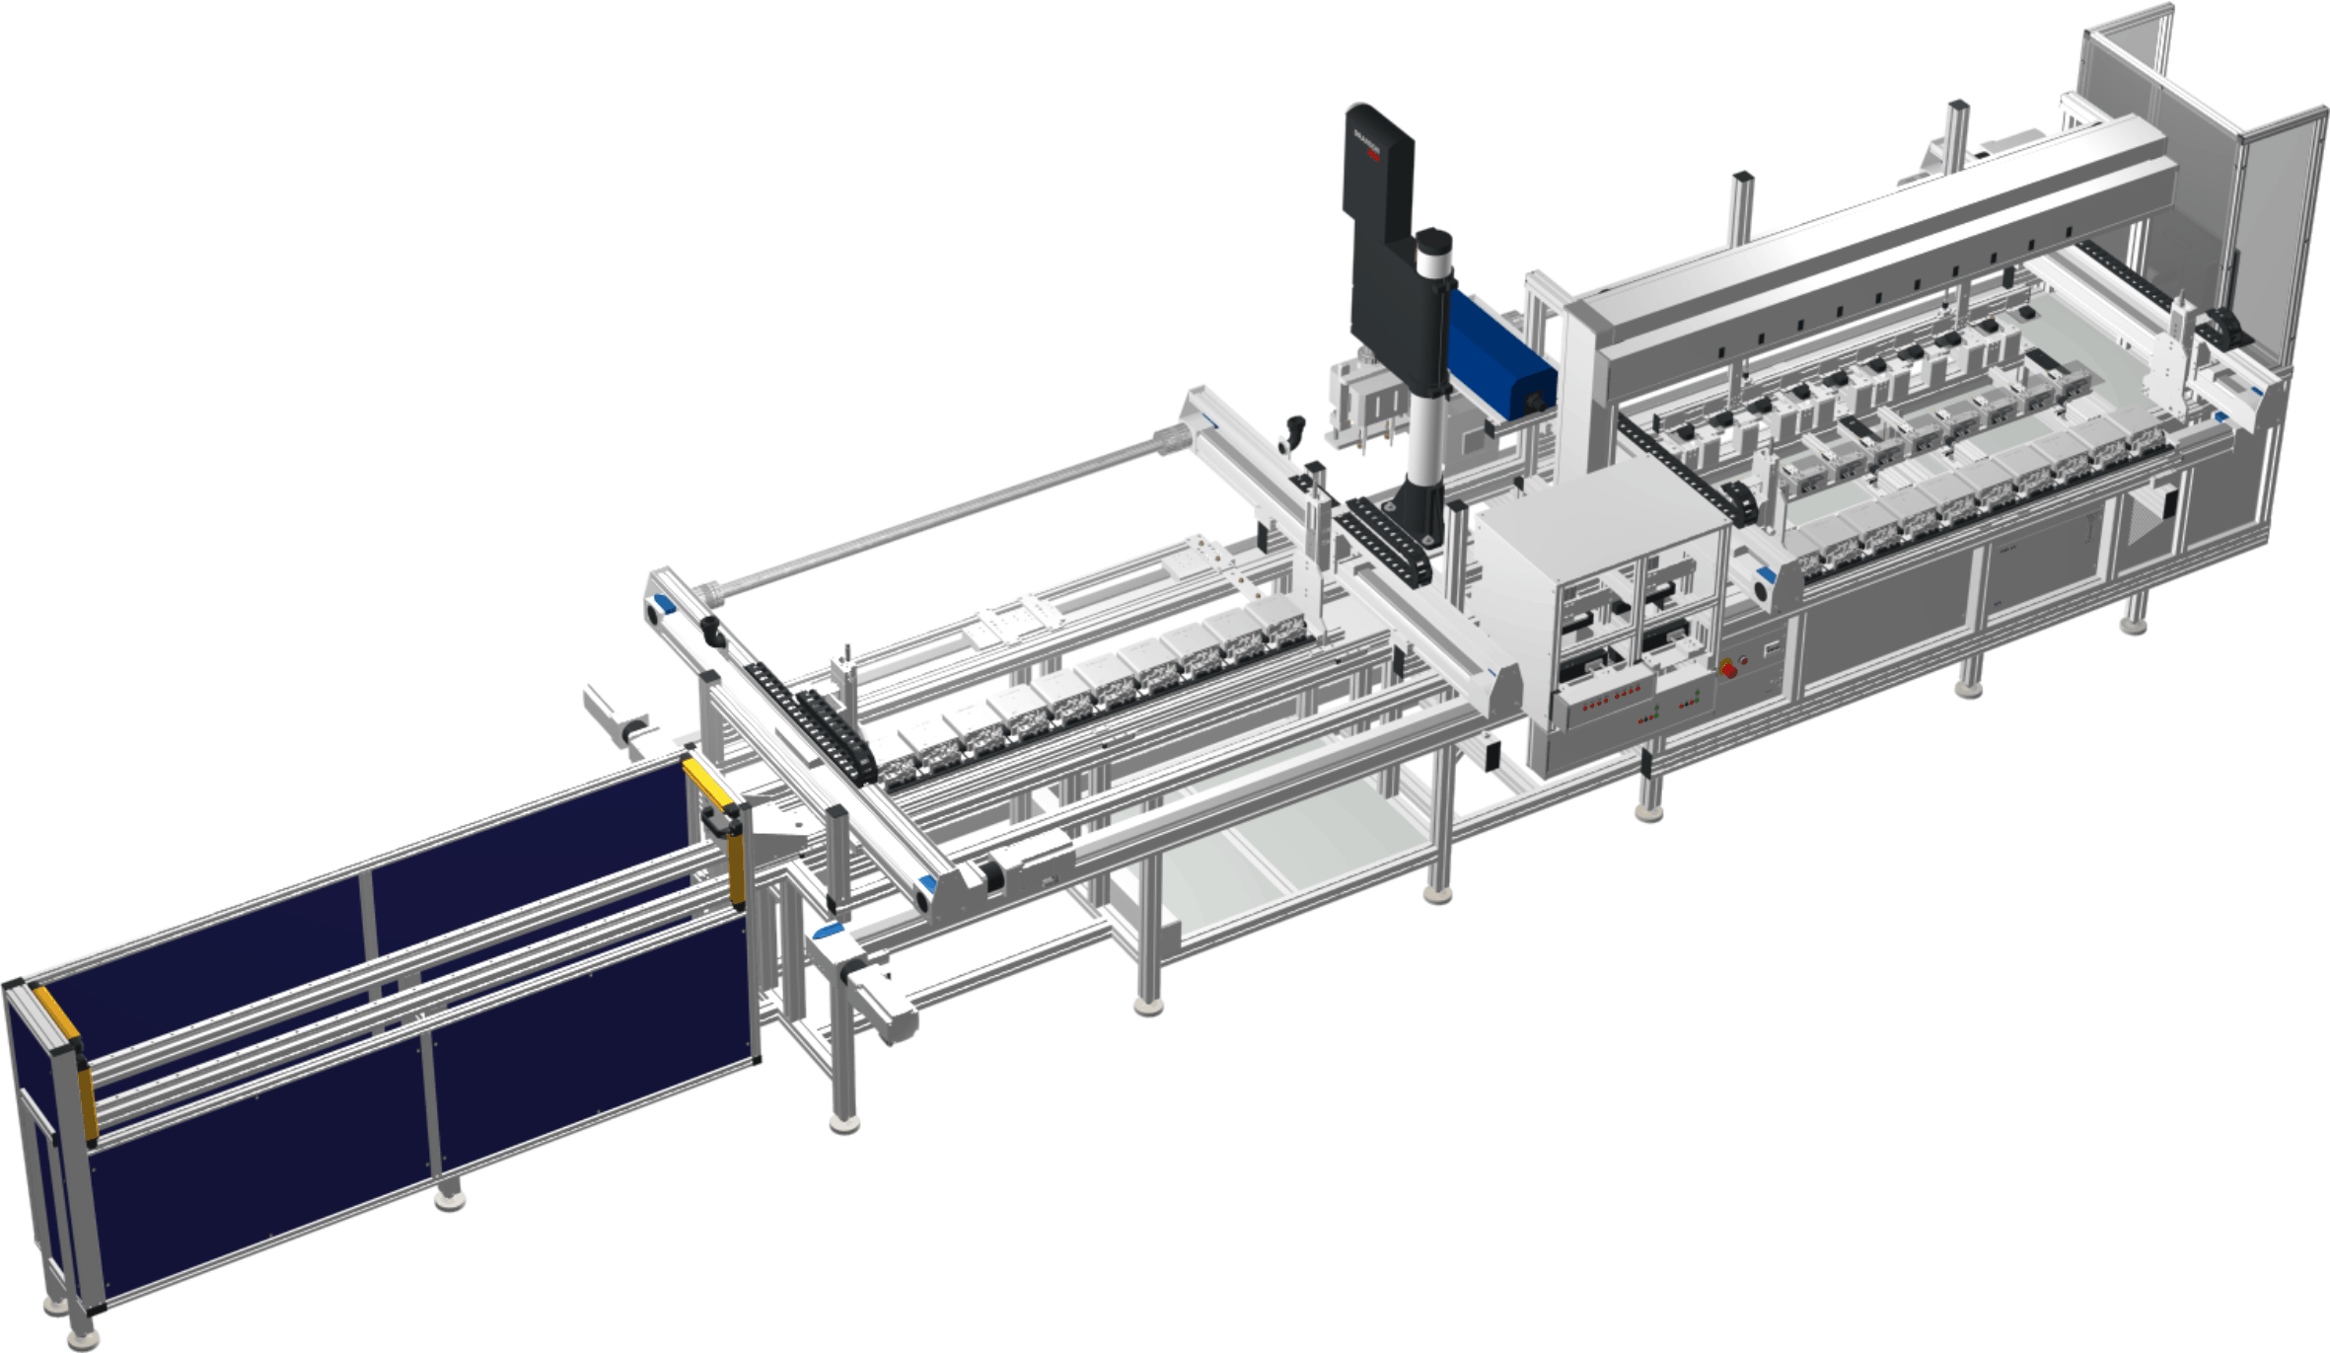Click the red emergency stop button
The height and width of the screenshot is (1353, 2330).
(1728, 669)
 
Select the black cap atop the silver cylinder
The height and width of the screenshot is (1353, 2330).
(1433, 241)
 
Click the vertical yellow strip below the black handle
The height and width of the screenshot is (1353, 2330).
(737, 868)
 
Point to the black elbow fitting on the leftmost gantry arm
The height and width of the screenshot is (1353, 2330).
(712, 632)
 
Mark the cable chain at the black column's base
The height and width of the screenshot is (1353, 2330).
(1381, 541)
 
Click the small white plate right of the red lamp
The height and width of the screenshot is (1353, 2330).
(1772, 648)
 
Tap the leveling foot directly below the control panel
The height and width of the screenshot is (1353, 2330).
(1647, 812)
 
